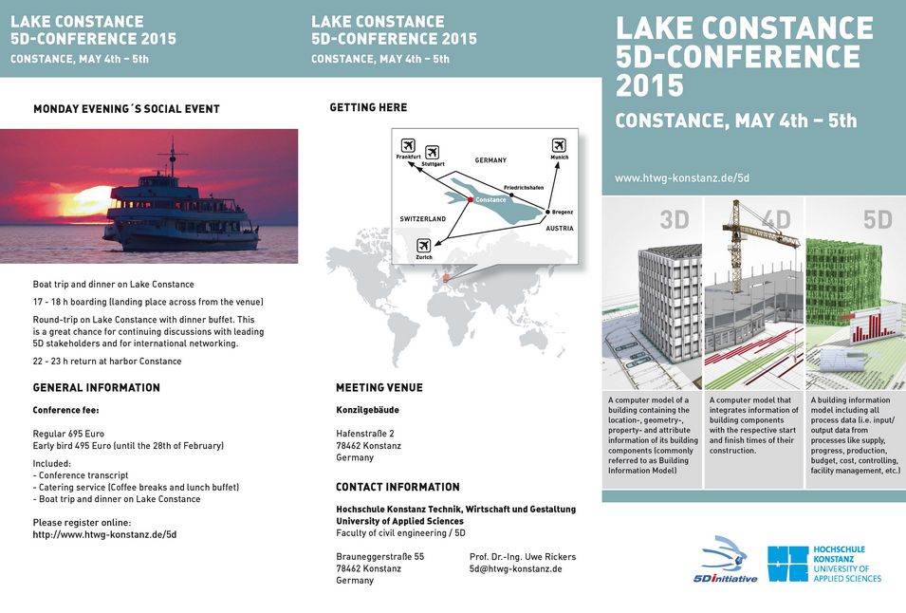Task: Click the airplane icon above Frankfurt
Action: (408, 145)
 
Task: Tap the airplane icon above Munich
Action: (559, 145)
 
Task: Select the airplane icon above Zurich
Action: (423, 245)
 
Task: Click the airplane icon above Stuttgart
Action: (433, 152)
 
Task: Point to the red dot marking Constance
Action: (471, 199)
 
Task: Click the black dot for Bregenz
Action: (548, 213)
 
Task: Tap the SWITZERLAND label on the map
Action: (422, 219)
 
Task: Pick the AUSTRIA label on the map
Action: (560, 229)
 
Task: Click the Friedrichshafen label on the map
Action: (523, 188)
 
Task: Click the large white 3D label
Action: (675, 220)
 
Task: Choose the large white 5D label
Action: (878, 220)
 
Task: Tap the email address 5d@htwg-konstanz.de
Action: (515, 568)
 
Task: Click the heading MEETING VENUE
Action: (379, 388)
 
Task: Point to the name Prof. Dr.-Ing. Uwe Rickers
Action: (523, 557)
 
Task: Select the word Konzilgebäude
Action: (368, 410)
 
